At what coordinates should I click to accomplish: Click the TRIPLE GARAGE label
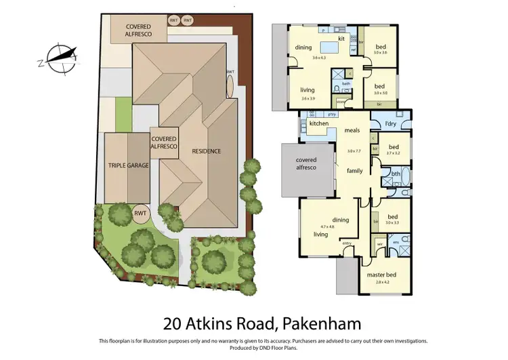click(x=129, y=165)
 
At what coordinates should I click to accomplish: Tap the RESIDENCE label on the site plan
click(x=206, y=151)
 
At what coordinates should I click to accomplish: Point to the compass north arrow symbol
click(x=58, y=57)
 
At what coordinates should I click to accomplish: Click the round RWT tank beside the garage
click(x=141, y=214)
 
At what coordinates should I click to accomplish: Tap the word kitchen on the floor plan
click(x=319, y=124)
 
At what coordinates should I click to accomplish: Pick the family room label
click(x=355, y=171)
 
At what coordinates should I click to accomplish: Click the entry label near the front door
click(x=347, y=243)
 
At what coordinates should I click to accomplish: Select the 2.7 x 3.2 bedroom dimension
click(x=394, y=154)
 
